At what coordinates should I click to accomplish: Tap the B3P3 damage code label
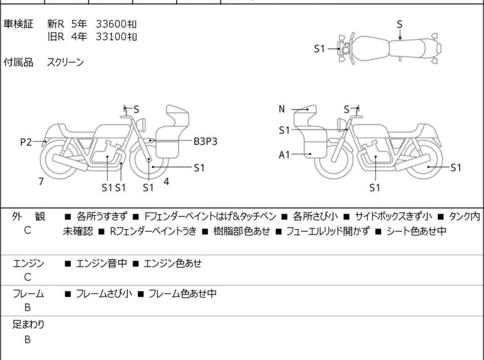tap(206, 142)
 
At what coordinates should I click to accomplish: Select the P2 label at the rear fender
tap(26, 142)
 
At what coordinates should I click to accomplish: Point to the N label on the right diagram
tap(281, 109)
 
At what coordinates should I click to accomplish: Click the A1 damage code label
tap(284, 155)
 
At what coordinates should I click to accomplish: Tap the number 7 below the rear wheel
tap(41, 182)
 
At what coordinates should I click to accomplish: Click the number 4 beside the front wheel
tap(167, 182)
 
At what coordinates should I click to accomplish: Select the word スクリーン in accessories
tap(65, 62)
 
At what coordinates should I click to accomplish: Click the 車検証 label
tap(18, 24)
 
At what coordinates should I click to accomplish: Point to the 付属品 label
tap(18, 62)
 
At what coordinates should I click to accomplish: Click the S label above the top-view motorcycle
tap(399, 24)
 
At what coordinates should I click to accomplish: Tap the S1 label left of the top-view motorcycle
tap(319, 49)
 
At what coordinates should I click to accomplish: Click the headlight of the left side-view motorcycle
tap(141, 124)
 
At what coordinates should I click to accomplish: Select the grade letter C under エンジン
tap(28, 277)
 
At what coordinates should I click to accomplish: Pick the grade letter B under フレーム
tap(28, 307)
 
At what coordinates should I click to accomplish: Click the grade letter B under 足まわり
tap(28, 339)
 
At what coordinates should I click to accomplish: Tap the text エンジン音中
tap(101, 263)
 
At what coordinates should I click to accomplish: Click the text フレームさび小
tap(104, 293)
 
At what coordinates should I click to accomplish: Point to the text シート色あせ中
tap(417, 231)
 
